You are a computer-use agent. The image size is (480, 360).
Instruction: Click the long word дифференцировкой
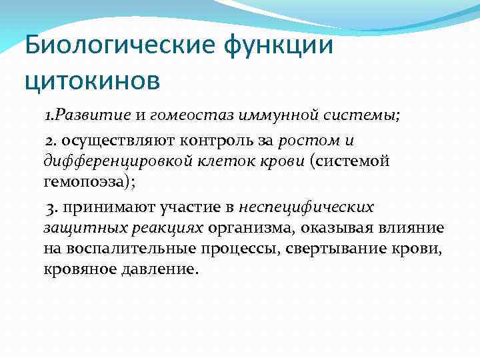pos(113,161)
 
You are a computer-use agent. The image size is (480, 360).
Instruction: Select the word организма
pos(251,229)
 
